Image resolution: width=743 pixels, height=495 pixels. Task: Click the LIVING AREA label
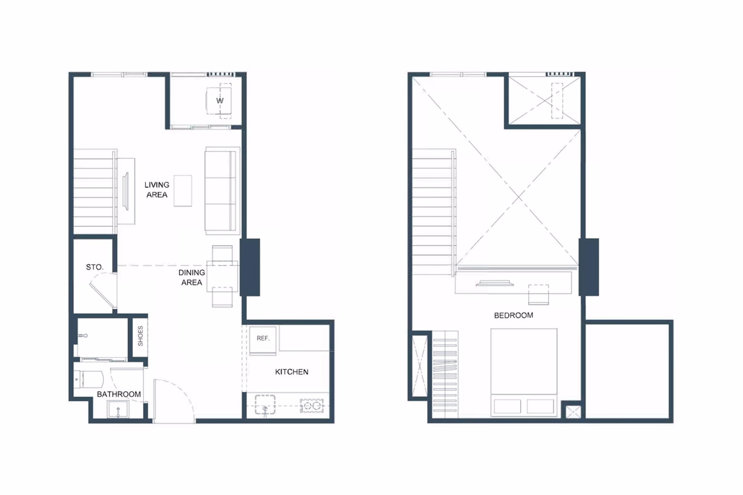click(x=157, y=190)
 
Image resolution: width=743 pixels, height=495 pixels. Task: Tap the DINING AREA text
click(x=192, y=277)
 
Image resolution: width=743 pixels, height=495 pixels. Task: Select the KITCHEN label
click(x=292, y=372)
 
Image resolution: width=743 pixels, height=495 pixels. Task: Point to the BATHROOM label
click(x=119, y=394)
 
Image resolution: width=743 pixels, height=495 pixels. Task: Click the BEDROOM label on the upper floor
click(x=513, y=315)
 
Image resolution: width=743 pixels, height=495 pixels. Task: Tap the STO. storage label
click(x=94, y=267)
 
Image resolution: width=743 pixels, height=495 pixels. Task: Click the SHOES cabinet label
click(x=140, y=336)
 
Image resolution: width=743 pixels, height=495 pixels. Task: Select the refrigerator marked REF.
click(x=263, y=340)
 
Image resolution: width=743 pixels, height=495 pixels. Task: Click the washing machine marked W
click(x=219, y=101)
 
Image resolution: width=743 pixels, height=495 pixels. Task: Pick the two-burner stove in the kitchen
click(x=312, y=406)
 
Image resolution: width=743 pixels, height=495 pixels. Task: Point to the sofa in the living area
click(x=222, y=191)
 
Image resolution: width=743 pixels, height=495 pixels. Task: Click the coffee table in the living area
click(x=183, y=191)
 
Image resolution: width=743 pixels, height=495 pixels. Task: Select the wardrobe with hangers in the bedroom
click(x=445, y=374)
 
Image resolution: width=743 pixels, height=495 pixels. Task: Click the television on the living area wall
click(x=126, y=191)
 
